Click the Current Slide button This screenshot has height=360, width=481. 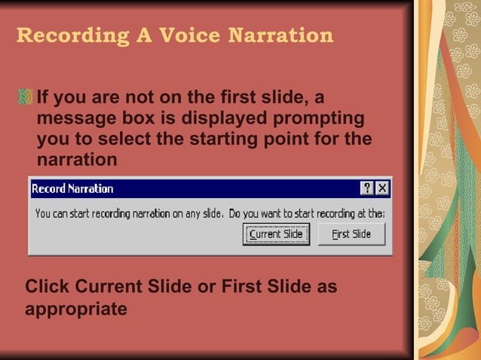coord(276,234)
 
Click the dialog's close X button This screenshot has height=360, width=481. coord(382,188)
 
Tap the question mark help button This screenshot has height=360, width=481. coord(367,188)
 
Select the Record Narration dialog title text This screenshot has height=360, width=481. coord(72,188)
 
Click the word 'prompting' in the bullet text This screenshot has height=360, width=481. coord(322,119)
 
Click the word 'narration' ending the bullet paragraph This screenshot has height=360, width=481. coord(77,160)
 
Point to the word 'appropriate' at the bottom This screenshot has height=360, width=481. coord(76,309)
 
